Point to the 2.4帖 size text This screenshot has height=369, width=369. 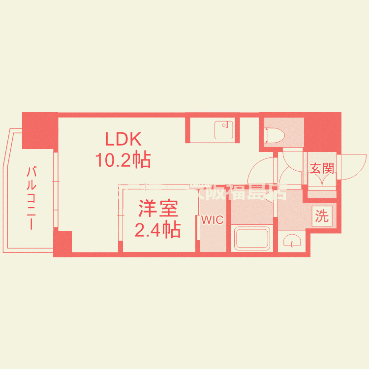tap(157, 229)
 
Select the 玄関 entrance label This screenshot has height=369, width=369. tap(322, 168)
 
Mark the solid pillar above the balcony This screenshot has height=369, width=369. tap(40, 130)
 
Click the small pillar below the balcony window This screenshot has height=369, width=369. tap(62, 243)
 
